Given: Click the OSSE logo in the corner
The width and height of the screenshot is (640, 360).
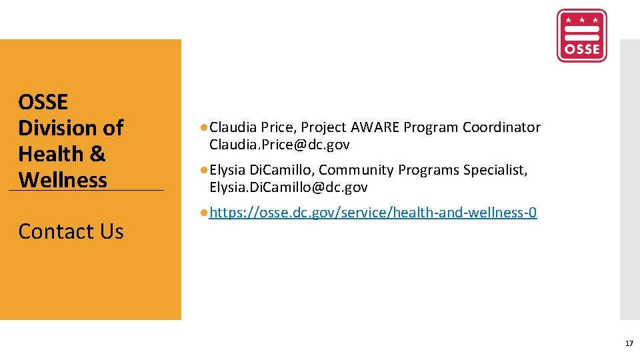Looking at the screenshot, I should (581, 35).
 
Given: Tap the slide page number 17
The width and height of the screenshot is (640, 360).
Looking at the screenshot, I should (629, 343).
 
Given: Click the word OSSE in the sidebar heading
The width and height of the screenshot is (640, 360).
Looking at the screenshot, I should (43, 102).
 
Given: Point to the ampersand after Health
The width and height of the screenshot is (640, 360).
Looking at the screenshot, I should (97, 154).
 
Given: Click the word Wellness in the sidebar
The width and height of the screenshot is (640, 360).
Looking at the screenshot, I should (63, 180).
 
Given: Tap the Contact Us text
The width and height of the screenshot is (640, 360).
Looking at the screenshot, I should (71, 231).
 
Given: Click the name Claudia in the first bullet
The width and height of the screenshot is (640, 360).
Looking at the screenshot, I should (233, 127).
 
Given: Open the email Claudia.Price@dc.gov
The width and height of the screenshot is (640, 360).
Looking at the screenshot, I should (279, 145).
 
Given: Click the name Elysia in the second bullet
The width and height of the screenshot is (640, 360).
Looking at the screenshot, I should (227, 170).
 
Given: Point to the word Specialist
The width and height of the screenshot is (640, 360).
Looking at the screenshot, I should (495, 170).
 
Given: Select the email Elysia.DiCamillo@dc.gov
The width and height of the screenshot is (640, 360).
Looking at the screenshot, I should (288, 187).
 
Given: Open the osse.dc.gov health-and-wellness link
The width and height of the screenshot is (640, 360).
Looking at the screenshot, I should (373, 213).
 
